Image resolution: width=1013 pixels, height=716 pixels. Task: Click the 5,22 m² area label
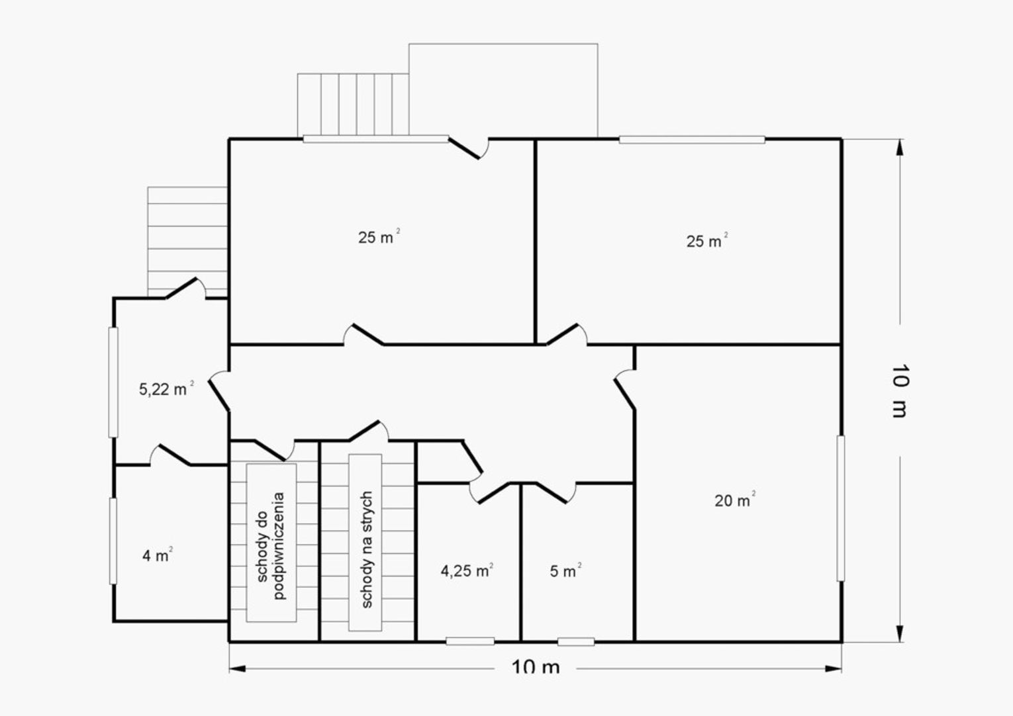coord(166,388)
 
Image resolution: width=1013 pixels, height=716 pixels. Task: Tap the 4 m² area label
coord(158,555)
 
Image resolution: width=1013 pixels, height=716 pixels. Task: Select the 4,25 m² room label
coord(467,571)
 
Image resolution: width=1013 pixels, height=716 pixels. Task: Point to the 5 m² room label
coord(565,571)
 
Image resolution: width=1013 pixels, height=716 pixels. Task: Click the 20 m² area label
coord(735,500)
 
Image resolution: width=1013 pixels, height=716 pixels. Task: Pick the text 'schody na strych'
coord(367,549)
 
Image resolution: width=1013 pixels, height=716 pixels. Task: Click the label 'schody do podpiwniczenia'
coord(271,545)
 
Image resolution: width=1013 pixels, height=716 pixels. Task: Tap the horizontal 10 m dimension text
coord(536,667)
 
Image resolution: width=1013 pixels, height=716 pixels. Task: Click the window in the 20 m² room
coord(841,508)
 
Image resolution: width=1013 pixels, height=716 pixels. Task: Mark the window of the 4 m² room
coord(113,541)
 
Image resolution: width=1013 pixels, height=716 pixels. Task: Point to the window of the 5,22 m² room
coord(113,382)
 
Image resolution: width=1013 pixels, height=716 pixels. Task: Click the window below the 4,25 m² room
coord(470,641)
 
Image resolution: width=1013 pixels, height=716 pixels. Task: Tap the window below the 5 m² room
coord(576,641)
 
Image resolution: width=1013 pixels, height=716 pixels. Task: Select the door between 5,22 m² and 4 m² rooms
coord(174,455)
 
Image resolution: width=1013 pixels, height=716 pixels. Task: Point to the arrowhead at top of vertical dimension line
coord(900,148)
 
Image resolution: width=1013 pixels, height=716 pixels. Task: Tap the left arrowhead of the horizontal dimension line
coord(238,668)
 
